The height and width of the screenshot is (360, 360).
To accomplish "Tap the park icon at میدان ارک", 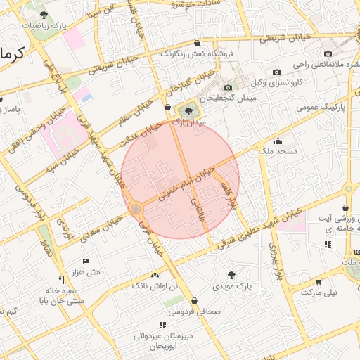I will point(188,110).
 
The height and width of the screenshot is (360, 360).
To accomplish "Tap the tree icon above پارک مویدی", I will point(232,274).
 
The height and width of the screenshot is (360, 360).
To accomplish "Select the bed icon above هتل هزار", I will point(86,261).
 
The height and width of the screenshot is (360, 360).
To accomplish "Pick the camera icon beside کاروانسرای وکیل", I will point(276,72).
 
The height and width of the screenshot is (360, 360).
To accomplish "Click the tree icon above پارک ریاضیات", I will point(44,14).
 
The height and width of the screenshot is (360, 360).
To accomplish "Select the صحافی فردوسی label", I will point(200,311).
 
